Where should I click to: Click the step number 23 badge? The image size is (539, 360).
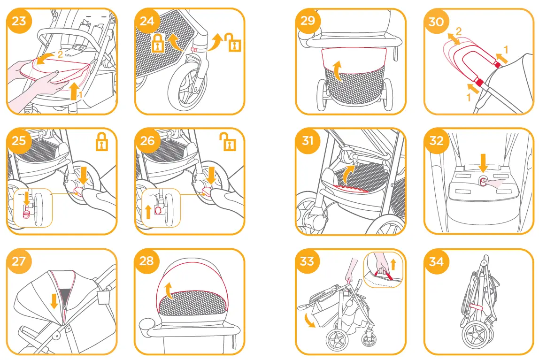click(19, 21)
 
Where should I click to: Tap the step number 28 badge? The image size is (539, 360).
click(147, 260)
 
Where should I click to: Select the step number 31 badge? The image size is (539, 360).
click(308, 141)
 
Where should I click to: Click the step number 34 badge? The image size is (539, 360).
click(436, 261)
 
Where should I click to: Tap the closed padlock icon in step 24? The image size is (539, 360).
click(157, 43)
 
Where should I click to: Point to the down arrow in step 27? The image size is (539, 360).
click(54, 301)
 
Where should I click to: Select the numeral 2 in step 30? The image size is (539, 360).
click(459, 32)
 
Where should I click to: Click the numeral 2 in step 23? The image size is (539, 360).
click(60, 54)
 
